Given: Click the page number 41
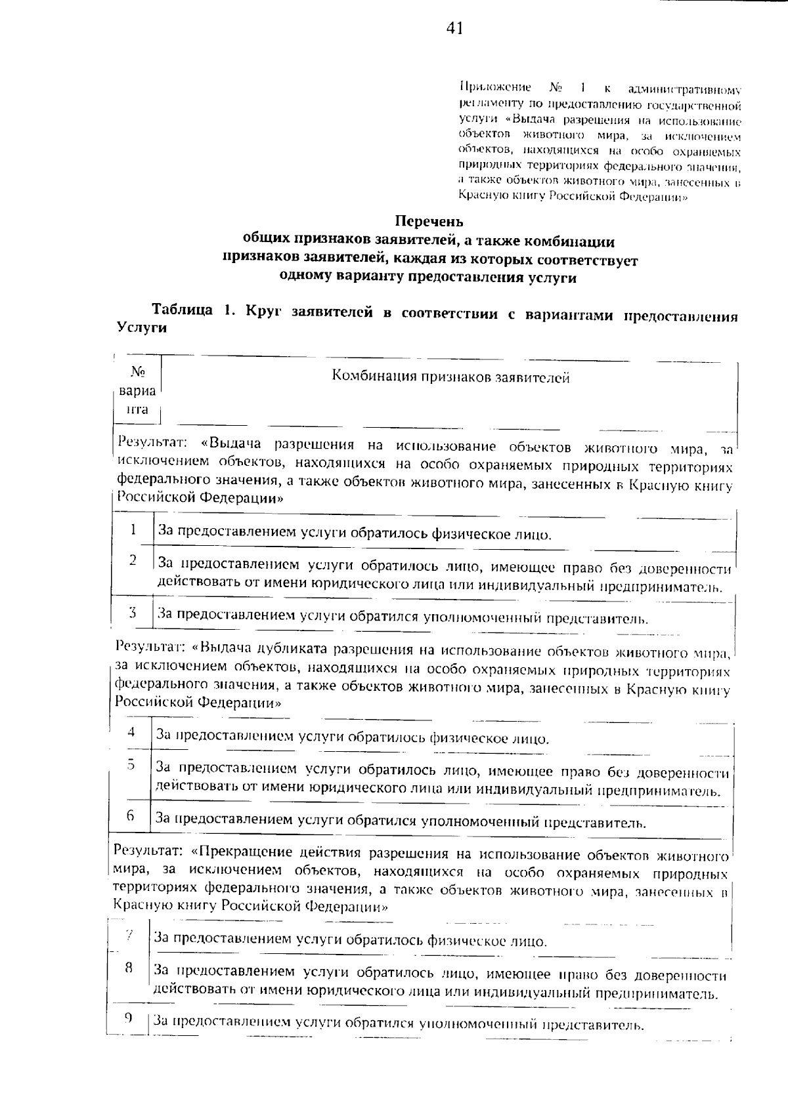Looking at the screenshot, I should click(454, 28).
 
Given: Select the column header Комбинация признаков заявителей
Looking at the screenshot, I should click(450, 377).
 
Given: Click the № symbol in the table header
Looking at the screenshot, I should click(138, 372).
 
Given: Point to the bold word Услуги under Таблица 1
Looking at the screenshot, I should click(141, 329).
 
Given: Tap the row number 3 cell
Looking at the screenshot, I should click(133, 613).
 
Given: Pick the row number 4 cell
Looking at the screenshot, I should click(131, 732).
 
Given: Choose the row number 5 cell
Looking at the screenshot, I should click(131, 764).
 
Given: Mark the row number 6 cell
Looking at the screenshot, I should click(131, 815).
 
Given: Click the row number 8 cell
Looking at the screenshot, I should click(129, 967).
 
